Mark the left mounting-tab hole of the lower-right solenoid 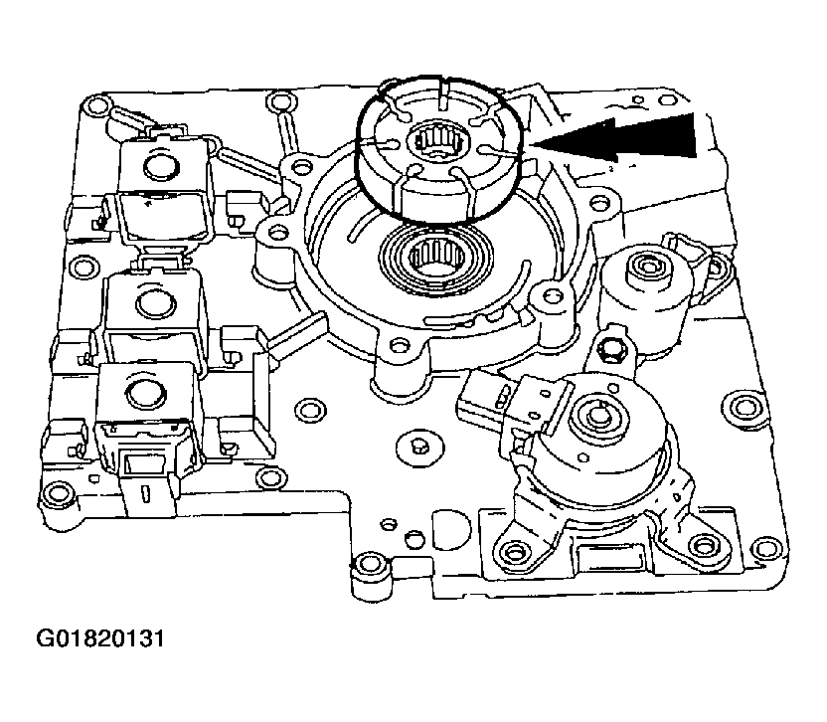coord(513,550)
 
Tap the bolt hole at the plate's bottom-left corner coord(53,494)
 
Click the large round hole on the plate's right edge coord(740,408)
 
